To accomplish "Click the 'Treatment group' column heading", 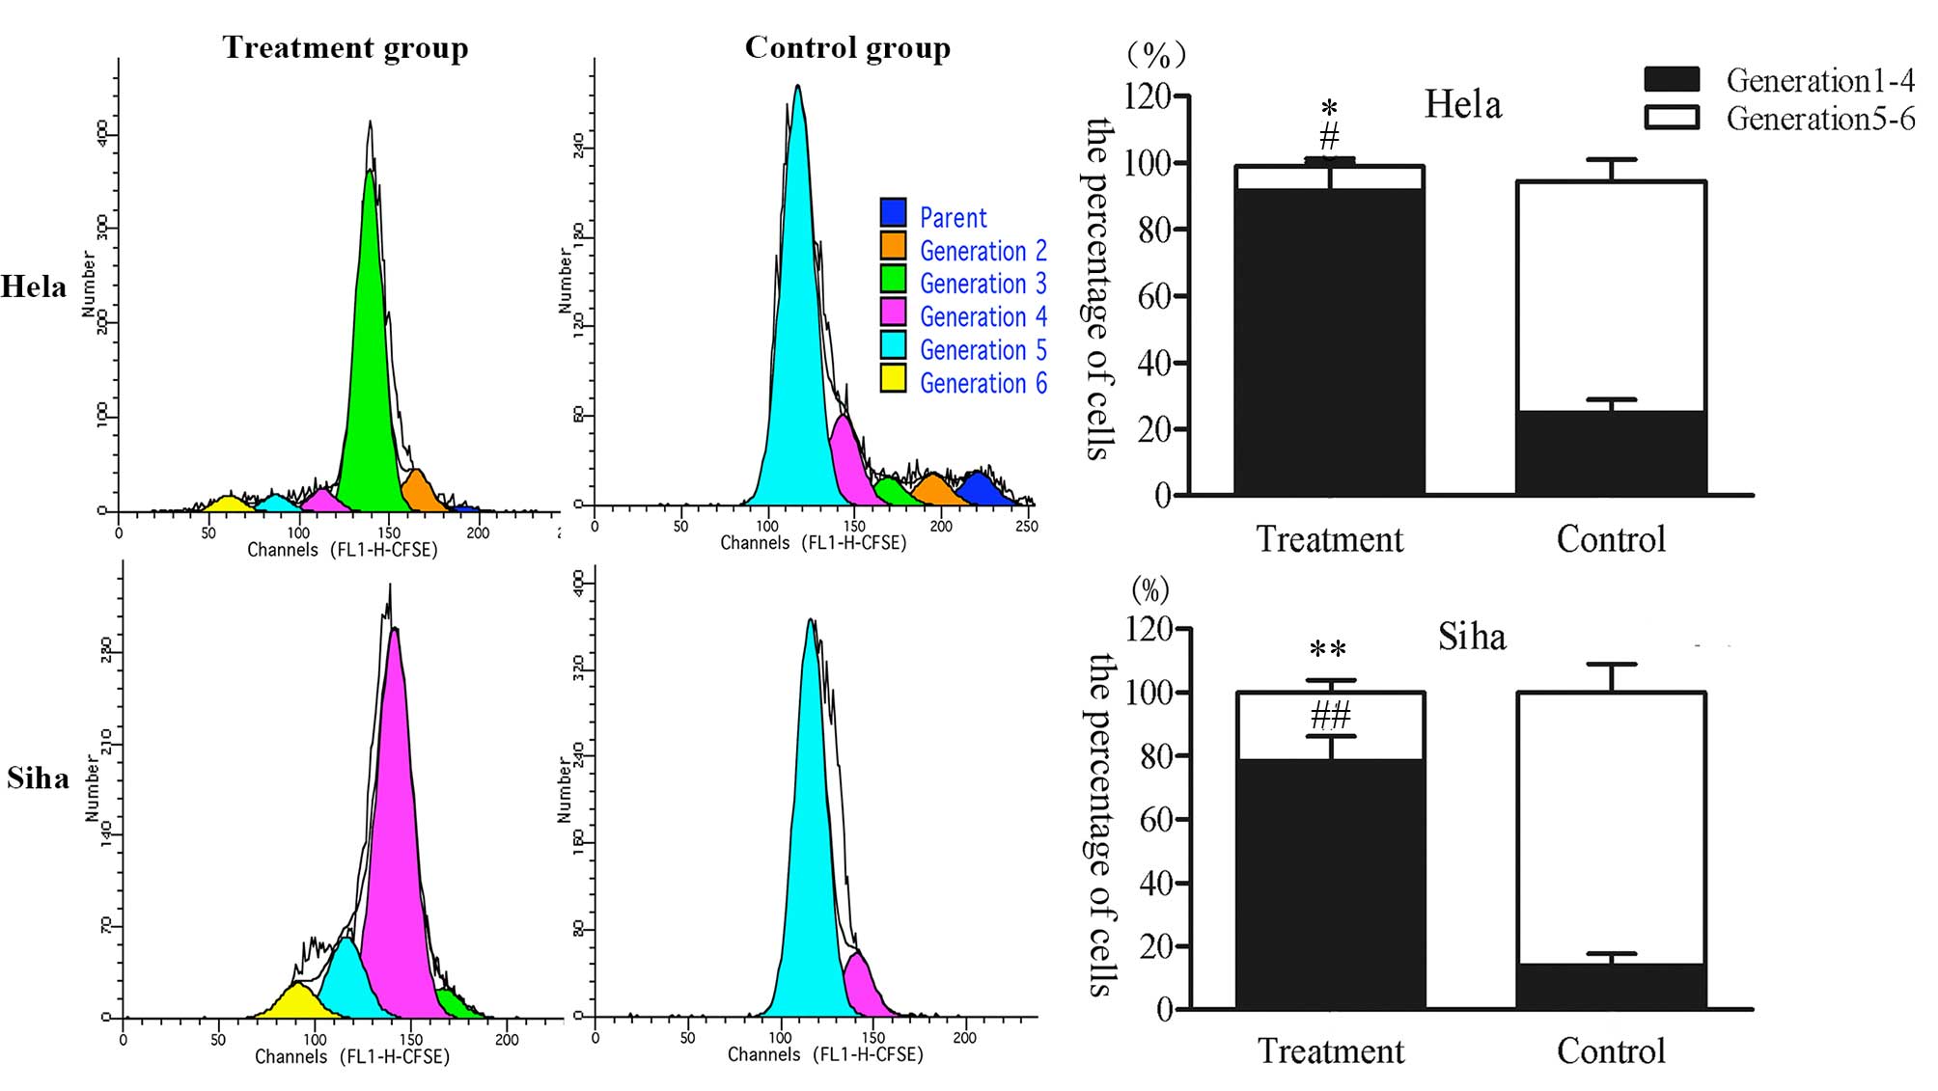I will pos(345,47).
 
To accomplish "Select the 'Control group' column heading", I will pos(846,47).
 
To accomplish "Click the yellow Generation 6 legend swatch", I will pos(893,378).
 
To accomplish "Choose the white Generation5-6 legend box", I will pos(1671,118).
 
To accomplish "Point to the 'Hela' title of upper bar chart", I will pos(1462,104).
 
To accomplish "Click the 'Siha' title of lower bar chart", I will pos(1471,637).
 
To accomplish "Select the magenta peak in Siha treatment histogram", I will pos(394,820).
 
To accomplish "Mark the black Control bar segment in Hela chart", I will pos(1610,452).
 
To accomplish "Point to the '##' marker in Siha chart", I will pos(1330,716).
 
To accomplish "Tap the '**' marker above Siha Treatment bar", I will pos(1327,649).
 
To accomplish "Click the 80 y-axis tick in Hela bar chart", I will pos(1153,230).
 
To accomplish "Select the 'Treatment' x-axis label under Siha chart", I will pos(1330,1050).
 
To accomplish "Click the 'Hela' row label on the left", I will pos(34,286).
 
